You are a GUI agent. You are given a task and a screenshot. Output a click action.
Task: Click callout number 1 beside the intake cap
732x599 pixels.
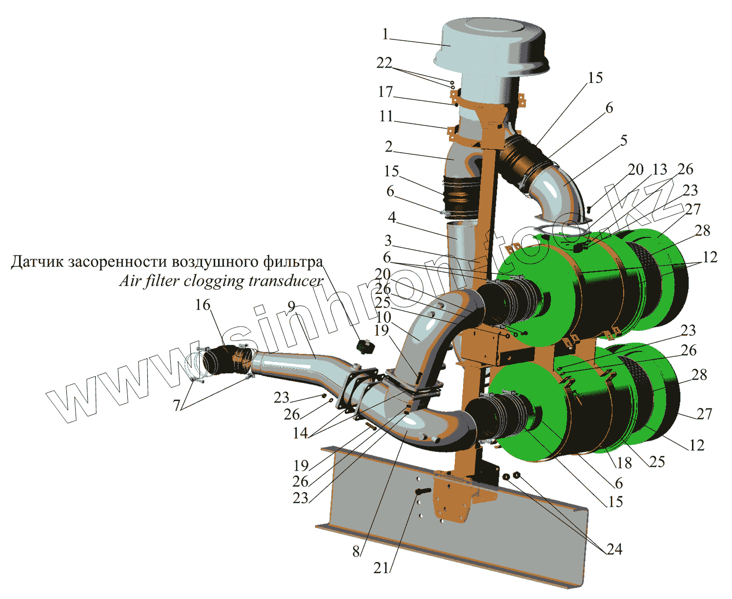[x=386, y=34]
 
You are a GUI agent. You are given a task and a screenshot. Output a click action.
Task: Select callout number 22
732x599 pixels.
[x=384, y=63]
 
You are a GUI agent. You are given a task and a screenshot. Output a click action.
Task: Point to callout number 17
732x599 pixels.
[x=386, y=92]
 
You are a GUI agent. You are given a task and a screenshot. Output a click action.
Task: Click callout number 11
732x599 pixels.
[x=386, y=116]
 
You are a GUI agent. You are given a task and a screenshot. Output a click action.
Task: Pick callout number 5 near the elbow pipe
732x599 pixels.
[x=624, y=140]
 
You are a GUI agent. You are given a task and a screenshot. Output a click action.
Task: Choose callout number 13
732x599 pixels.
[x=660, y=170]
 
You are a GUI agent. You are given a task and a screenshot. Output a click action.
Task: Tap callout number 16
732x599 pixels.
[x=203, y=305]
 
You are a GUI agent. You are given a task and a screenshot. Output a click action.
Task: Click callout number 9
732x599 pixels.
[x=291, y=307]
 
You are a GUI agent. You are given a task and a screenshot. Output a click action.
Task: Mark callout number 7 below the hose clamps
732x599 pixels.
[x=177, y=405]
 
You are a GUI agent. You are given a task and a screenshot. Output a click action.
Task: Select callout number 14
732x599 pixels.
[x=300, y=432]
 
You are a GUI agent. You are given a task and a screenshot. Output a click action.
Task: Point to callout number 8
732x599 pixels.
[x=357, y=551]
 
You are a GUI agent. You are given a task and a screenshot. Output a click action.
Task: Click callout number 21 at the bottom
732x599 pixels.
[x=381, y=568]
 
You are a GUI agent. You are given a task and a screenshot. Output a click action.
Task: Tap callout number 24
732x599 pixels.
[x=614, y=549]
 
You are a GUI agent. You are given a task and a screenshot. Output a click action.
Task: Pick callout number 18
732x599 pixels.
[x=624, y=462]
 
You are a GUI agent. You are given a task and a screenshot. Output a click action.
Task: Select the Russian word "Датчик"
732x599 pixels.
[x=37, y=262]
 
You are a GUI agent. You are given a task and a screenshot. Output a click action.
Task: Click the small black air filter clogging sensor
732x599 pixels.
[x=365, y=347]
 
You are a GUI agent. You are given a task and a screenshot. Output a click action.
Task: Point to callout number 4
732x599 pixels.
[x=392, y=217]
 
